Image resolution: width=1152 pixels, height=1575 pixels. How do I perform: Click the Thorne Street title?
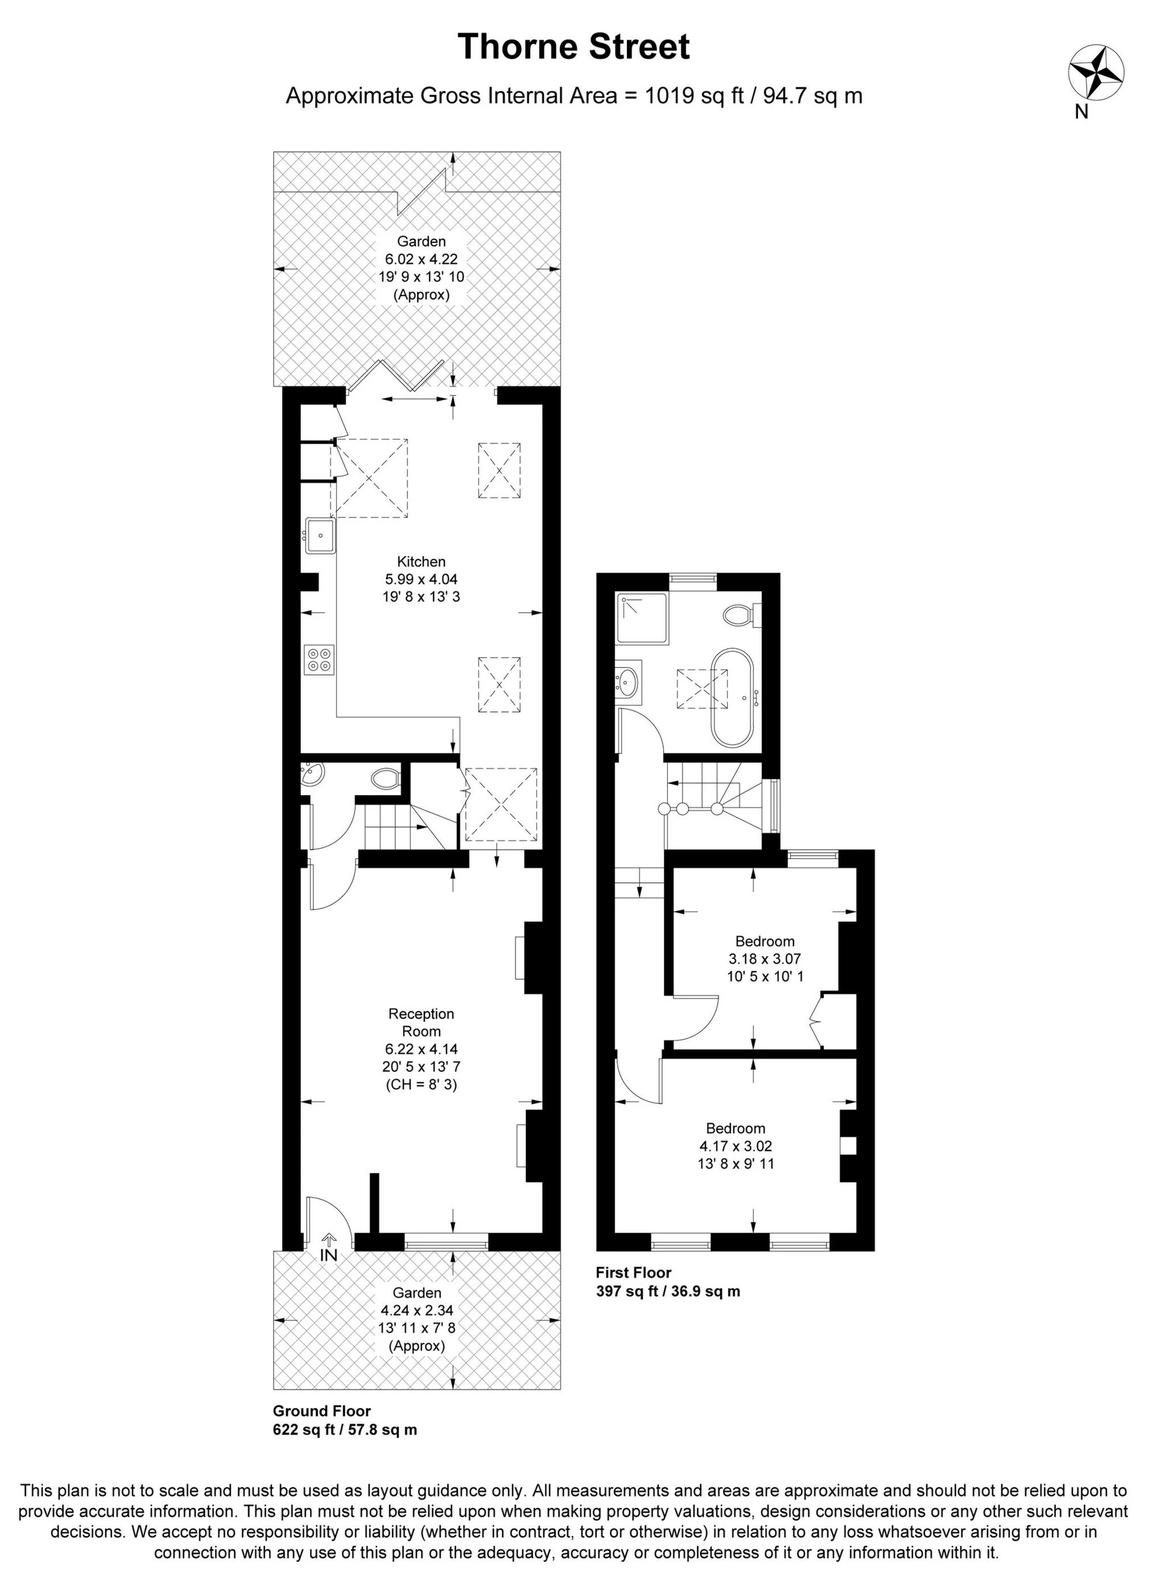(x=574, y=47)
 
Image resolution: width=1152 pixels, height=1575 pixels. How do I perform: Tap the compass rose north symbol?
(x=1096, y=72)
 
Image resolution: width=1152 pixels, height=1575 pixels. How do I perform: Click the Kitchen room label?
(x=421, y=561)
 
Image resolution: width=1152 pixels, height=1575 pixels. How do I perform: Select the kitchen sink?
(x=320, y=536)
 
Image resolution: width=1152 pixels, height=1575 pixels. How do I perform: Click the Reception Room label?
(x=421, y=1022)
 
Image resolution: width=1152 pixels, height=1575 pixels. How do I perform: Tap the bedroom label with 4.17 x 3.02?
(x=736, y=1129)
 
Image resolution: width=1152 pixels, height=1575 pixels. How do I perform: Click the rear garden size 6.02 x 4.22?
(x=421, y=260)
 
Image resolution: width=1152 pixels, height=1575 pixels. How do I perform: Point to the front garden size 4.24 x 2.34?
(x=416, y=1311)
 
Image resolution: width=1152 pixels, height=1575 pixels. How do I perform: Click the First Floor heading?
(x=633, y=1272)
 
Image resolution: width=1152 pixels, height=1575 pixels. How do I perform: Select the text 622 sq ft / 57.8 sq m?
(x=345, y=1429)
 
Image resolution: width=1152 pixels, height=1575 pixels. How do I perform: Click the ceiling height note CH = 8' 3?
(x=421, y=1085)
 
